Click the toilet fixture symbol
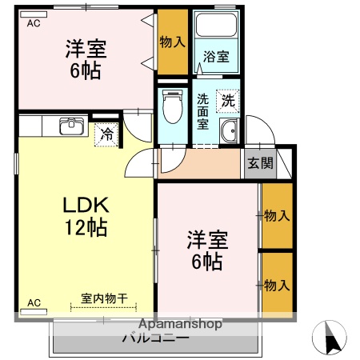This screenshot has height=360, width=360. [171, 104]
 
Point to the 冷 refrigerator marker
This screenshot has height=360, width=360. [107, 135]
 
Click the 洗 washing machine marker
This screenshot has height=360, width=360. [228, 101]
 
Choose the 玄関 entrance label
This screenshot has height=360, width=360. [259, 163]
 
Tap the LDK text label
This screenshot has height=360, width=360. [86, 205]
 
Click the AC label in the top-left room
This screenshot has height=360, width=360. [34, 24]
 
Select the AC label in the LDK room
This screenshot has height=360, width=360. [34, 302]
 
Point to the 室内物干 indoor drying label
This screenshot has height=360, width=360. [105, 298]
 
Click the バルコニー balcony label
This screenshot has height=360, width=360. [155, 337]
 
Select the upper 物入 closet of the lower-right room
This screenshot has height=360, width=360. [276, 215]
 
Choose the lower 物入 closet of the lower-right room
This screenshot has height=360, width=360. [276, 285]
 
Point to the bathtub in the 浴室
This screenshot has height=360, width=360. [214, 29]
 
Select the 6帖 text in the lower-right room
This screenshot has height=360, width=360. [207, 260]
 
